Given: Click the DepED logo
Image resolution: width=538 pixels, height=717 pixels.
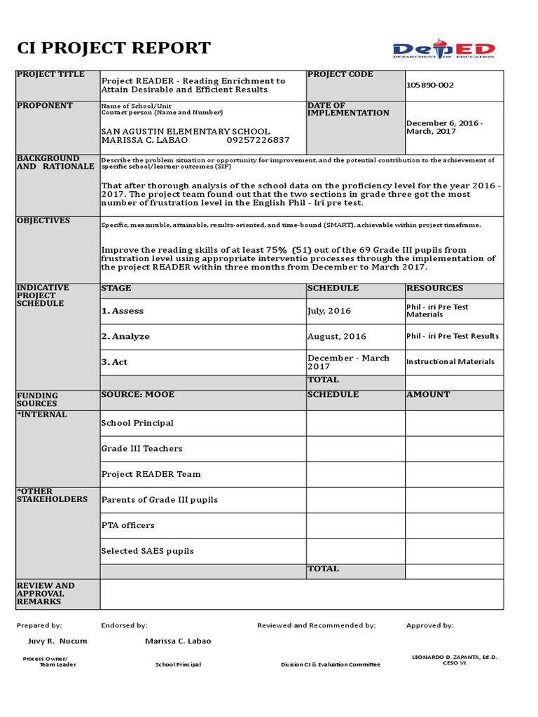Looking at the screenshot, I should pyautogui.click(x=443, y=50).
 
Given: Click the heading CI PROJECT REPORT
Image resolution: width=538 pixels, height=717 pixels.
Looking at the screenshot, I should pyautogui.click(x=113, y=48).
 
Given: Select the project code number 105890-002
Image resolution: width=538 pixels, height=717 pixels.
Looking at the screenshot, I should pyautogui.click(x=430, y=85).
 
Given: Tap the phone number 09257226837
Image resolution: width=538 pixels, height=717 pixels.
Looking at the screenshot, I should pyautogui.click(x=258, y=140).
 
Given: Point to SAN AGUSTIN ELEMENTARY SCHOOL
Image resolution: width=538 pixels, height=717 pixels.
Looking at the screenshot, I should pyautogui.click(x=185, y=132).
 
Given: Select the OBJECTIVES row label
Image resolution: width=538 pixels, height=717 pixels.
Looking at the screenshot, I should pyautogui.click(x=43, y=221).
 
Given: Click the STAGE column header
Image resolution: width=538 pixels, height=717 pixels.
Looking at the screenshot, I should pyautogui.click(x=116, y=288).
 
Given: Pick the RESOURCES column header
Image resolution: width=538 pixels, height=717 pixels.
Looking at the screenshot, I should pyautogui.click(x=434, y=288).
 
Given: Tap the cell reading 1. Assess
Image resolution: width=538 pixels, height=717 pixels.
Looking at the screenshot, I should pyautogui.click(x=123, y=311).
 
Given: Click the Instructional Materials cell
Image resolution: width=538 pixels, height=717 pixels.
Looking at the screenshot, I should pyautogui.click(x=450, y=362).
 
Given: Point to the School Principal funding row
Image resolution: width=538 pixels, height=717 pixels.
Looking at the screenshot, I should pyautogui.click(x=137, y=423).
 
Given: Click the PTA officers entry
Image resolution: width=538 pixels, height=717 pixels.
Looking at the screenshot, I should pyautogui.click(x=128, y=525).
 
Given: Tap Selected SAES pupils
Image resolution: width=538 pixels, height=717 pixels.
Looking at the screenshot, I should pyautogui.click(x=147, y=551).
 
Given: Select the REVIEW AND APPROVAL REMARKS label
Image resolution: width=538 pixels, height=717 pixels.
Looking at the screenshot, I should pyautogui.click(x=45, y=593).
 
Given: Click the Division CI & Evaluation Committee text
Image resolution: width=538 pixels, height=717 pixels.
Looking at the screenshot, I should pyautogui.click(x=331, y=664).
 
